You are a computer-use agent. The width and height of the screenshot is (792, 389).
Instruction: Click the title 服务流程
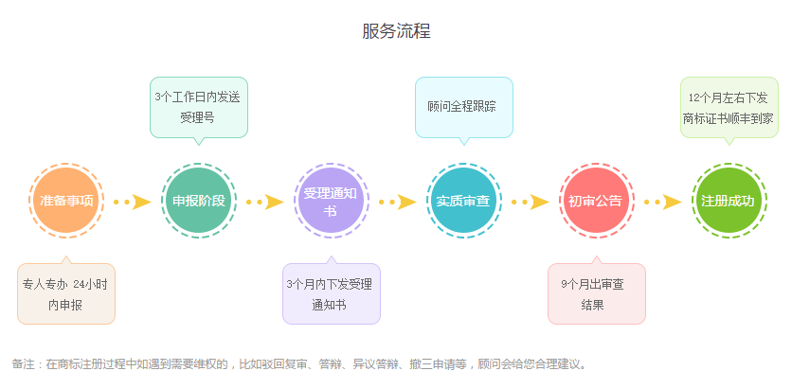coord(396,31)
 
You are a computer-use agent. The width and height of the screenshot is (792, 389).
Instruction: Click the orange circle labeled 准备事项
coord(66,201)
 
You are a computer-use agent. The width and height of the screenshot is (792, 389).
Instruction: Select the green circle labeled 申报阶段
coord(199,201)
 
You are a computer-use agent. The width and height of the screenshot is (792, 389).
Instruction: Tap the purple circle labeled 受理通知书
coord(332,201)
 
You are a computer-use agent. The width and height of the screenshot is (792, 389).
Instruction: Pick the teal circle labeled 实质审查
coord(463,201)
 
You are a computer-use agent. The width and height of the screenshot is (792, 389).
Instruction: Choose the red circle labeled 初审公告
coord(596,201)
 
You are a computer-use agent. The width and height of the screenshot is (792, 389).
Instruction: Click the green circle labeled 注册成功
coord(729,201)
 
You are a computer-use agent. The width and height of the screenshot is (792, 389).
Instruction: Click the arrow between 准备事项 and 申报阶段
coord(133,202)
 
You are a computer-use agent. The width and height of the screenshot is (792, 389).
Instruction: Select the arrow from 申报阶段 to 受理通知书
coord(264,202)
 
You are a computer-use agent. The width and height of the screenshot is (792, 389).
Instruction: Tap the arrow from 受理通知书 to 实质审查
coord(398,202)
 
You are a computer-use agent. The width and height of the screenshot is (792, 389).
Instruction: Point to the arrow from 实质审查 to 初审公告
coord(530,202)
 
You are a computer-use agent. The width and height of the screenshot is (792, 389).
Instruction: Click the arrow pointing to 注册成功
coord(663,202)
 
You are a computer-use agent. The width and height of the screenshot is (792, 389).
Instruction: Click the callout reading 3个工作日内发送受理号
coord(199,108)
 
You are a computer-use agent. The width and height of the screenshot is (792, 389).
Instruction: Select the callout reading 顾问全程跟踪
coord(463,108)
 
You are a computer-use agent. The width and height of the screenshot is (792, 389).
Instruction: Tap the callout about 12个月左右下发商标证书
coord(729,108)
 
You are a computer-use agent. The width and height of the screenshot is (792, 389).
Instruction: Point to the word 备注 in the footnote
coord(22,363)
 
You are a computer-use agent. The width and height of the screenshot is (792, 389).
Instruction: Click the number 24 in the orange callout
coord(79,285)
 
